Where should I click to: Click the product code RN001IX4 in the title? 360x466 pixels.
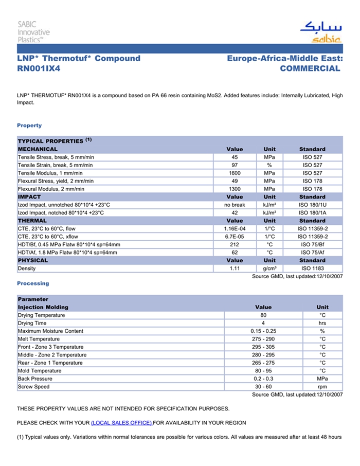[39, 68]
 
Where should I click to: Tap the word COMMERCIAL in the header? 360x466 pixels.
[310, 68]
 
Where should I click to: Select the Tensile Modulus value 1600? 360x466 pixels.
[235, 173]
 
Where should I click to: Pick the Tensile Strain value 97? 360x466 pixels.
[235, 165]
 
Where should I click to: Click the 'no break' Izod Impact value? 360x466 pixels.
[235, 205]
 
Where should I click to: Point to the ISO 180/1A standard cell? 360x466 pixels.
[312, 213]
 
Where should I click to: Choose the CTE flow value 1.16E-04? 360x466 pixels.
[235, 228]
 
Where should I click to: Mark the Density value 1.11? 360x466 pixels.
[235, 268]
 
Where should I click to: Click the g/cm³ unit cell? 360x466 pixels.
[269, 268]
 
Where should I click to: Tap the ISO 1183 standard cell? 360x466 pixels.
[312, 268]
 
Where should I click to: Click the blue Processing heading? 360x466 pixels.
[33, 283]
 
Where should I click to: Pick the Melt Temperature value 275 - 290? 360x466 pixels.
[263, 339]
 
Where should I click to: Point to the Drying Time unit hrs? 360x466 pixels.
[322, 323]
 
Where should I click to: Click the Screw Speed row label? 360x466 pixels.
[34, 387]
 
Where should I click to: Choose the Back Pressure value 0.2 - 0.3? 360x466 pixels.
[263, 379]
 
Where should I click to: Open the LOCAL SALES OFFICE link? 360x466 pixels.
[121, 423]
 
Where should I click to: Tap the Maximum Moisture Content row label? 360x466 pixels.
[50, 331]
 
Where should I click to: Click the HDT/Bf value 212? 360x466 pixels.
[235, 244]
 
